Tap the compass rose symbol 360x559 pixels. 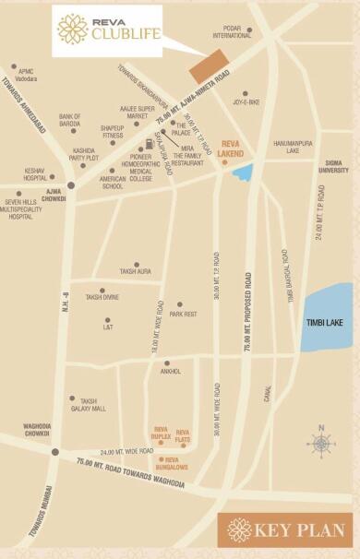pos(321,444)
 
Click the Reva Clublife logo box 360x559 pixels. pos(106,30)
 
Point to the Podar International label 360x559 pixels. pos(231,31)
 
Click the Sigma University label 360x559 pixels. pos(334,167)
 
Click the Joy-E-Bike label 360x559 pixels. pos(246,103)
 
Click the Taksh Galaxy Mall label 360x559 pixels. pos(92,405)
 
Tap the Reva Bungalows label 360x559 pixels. pos(171,464)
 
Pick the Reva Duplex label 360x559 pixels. pos(161,433)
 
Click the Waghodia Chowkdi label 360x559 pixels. pos(37,430)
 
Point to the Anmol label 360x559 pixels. pos(172,372)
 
